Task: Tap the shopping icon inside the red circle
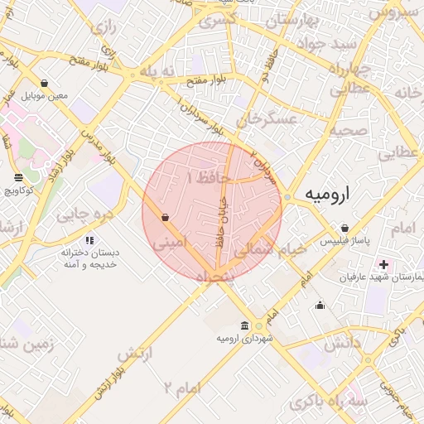click(166, 218)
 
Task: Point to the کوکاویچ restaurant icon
click(19, 178)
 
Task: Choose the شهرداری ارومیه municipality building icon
click(244, 325)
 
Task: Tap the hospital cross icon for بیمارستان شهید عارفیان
click(383, 264)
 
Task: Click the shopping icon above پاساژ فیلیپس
click(344, 229)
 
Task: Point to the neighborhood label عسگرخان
click(267, 122)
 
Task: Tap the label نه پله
click(157, 72)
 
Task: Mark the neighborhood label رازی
click(103, 28)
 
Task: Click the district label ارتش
click(135, 354)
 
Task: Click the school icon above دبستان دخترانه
click(89, 240)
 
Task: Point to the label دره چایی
click(84, 214)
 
